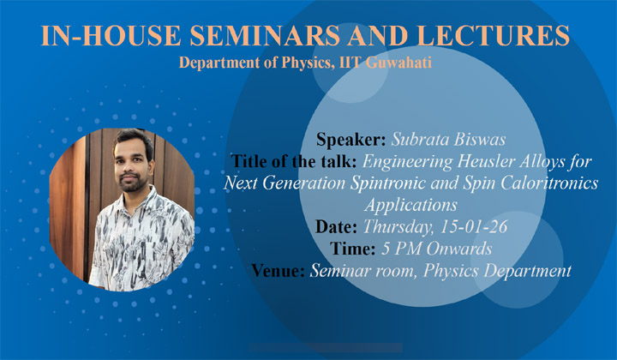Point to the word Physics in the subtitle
coord(303,63)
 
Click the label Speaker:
coord(353,139)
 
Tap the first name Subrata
coord(420,139)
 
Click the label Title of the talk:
coord(292,161)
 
